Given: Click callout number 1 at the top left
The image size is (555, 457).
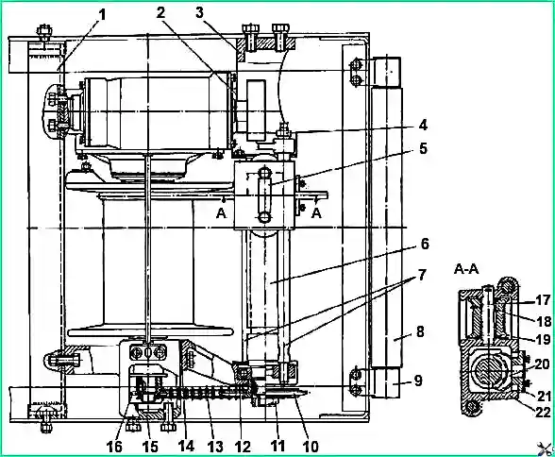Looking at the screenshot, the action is click(x=102, y=14).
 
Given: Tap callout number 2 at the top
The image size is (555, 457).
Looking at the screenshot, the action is click(x=161, y=13).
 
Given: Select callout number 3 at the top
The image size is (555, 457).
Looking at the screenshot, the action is click(x=200, y=13).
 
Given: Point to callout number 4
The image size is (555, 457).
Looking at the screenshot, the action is click(x=423, y=125).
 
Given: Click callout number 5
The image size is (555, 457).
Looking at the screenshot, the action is click(x=423, y=148).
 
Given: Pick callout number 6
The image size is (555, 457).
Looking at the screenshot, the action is click(x=424, y=245).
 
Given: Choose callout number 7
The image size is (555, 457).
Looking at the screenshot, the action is click(x=421, y=275).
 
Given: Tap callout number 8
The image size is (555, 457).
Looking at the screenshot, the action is click(x=420, y=332).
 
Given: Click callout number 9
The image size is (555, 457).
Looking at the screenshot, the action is click(x=418, y=381).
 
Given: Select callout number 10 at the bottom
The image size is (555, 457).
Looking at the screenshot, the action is click(x=311, y=447).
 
